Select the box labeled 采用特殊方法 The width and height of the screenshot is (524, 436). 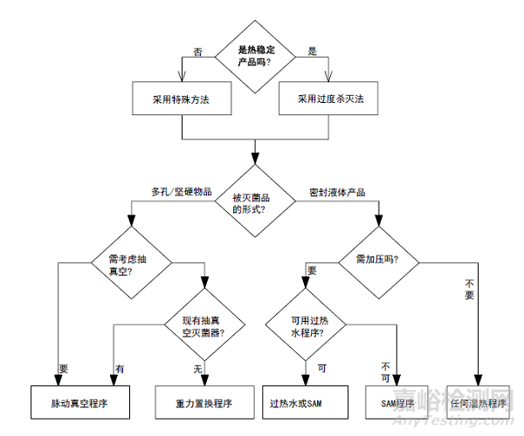pos(182,99)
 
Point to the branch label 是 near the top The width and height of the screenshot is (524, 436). pos(313,51)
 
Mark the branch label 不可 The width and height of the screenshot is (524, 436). pos(386,371)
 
